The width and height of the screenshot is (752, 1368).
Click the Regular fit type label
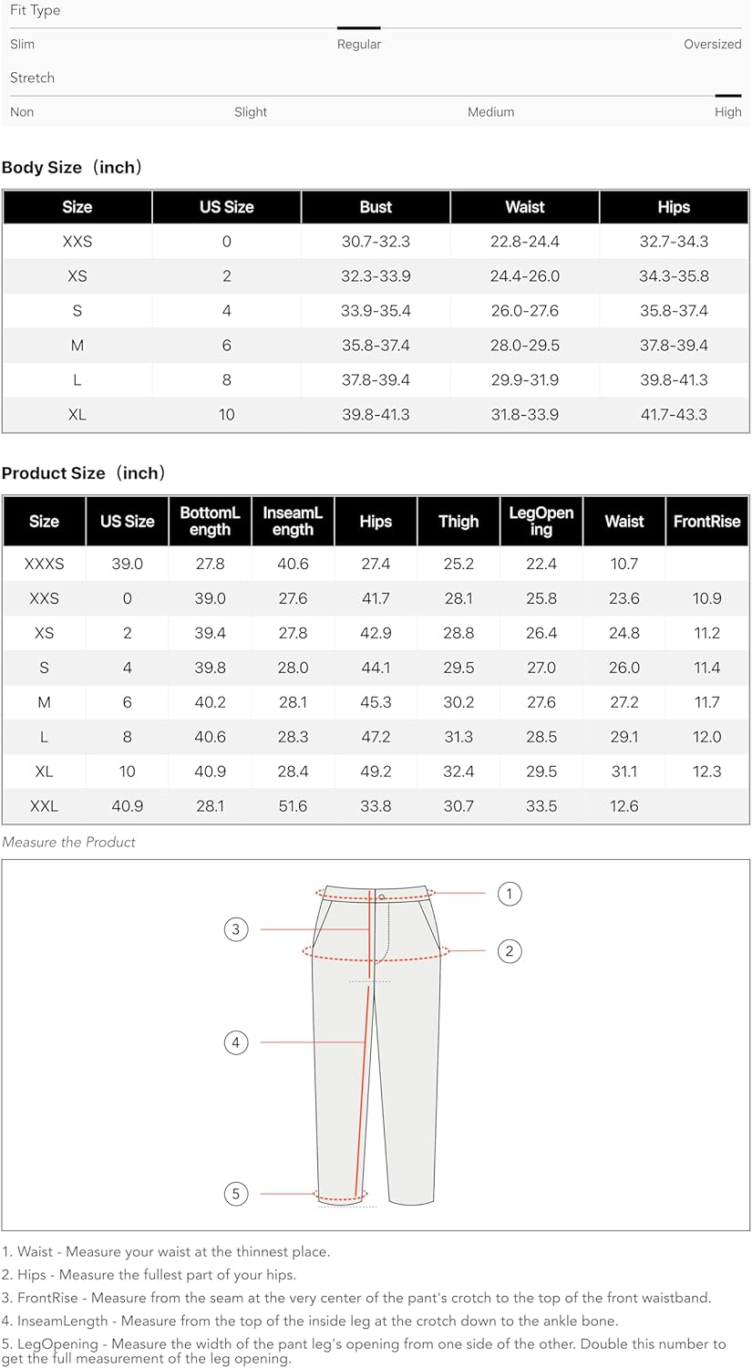tap(359, 44)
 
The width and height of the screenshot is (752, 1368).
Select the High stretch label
tap(727, 112)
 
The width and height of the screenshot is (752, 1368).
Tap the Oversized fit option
tap(712, 44)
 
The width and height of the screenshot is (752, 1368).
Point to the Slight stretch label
tap(251, 112)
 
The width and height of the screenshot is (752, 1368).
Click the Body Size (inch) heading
tap(72, 168)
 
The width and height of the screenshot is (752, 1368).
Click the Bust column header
tap(376, 207)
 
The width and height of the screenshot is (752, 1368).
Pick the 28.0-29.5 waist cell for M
tap(525, 346)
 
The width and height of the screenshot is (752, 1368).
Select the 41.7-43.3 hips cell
tap(674, 415)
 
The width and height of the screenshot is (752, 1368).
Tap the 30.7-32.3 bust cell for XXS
tap(376, 242)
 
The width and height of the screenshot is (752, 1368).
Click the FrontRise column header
tap(706, 522)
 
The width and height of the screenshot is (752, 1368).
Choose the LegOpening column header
tap(541, 521)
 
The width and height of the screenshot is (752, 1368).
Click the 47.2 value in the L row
tap(376, 737)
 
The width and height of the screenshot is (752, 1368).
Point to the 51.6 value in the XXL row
tap(293, 806)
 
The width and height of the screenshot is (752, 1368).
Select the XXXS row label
tap(44, 565)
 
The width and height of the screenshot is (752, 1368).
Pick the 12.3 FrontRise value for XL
tap(706, 772)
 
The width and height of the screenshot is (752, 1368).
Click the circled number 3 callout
tap(236, 929)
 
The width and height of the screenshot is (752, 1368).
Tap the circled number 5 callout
tap(236, 1194)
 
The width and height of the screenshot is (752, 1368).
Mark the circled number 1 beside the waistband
tap(510, 894)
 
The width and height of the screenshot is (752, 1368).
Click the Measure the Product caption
tap(68, 843)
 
